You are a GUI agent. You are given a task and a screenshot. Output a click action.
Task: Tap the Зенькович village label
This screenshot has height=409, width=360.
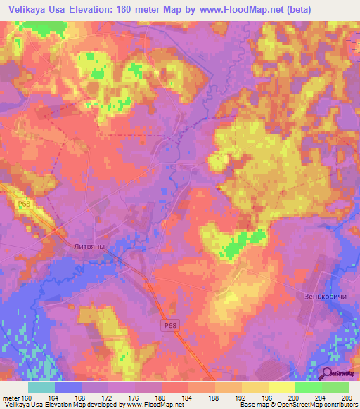point(326,296)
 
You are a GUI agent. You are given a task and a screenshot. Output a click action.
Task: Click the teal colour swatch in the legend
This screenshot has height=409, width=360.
point(41,387)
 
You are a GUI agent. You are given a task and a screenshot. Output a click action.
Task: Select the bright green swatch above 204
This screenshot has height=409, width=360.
point(308,387)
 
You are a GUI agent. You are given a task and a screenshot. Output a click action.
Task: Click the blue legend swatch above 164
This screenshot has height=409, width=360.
point(68,387)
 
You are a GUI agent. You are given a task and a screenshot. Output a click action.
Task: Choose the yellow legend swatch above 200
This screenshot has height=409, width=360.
point(281,387)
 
